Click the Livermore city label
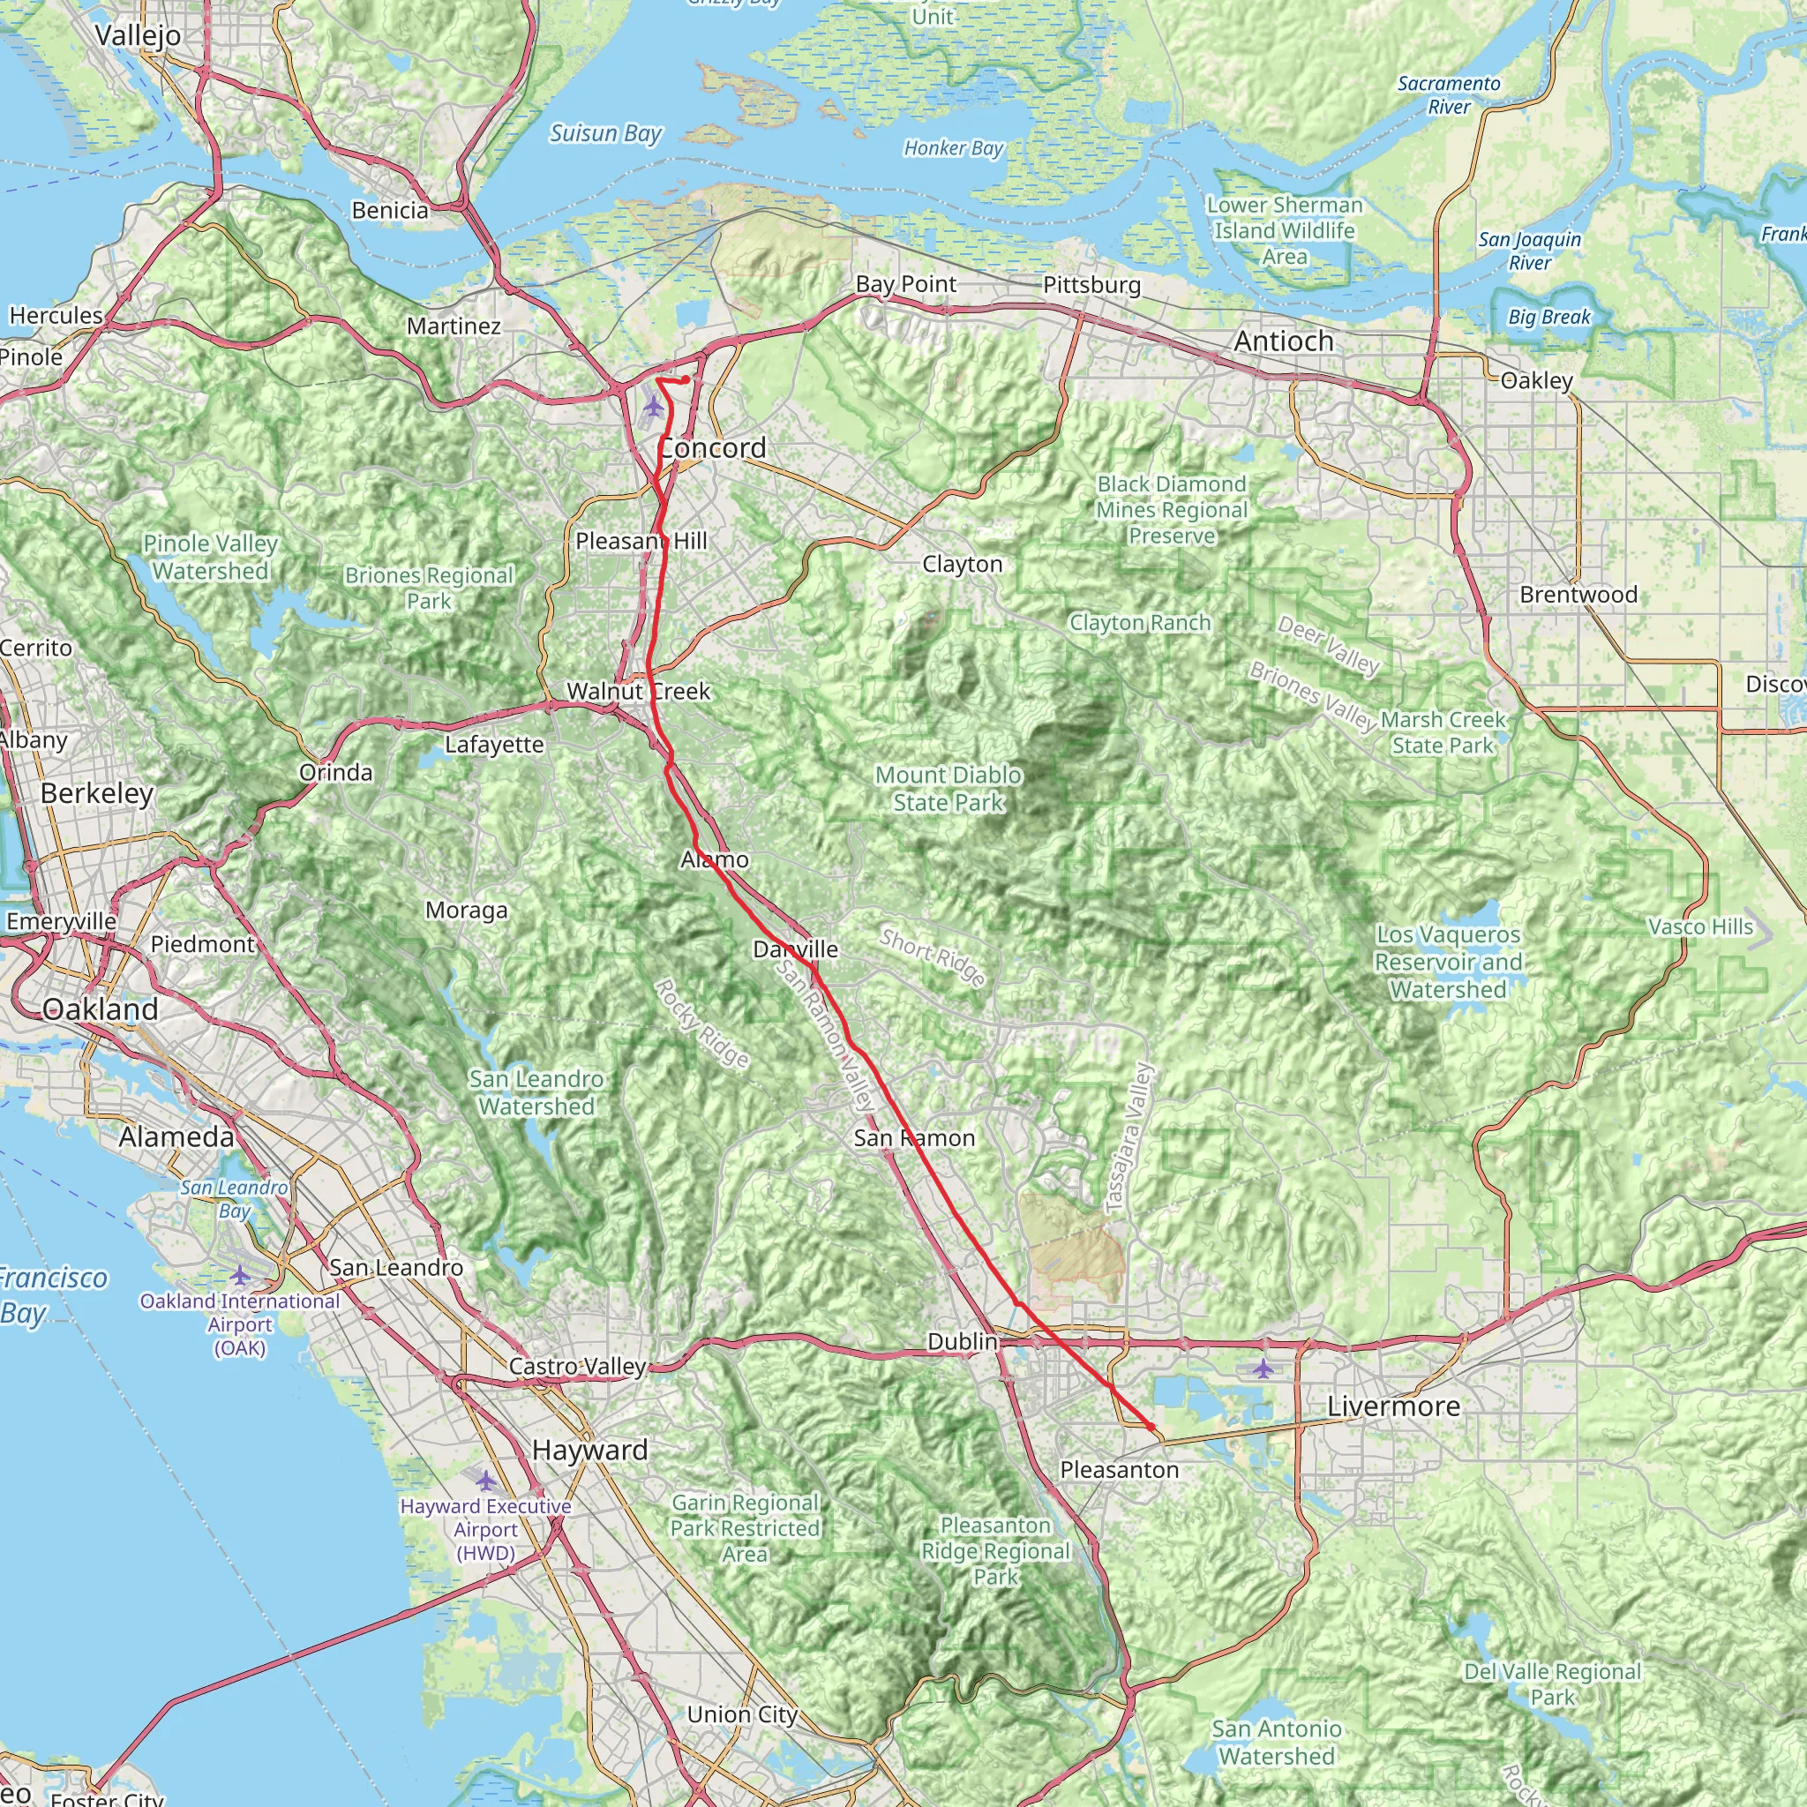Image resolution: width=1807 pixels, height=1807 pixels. point(1392,1406)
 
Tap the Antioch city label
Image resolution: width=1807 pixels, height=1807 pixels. point(1283,341)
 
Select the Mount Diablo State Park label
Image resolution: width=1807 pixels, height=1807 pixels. point(948,789)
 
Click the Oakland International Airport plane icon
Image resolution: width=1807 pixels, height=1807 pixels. point(240,1275)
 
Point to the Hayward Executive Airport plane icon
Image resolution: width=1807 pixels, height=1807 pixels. point(485,1481)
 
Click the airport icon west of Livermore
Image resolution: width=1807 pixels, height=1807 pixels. point(1263,1369)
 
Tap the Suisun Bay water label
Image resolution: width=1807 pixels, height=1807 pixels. point(605,134)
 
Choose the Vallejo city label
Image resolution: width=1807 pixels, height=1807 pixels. point(139,35)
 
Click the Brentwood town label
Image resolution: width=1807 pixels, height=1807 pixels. point(1578,595)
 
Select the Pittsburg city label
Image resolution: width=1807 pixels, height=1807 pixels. point(1091,285)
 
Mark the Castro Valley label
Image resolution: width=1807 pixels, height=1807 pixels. point(577,1367)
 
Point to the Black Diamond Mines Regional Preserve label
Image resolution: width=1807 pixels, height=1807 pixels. point(1171,510)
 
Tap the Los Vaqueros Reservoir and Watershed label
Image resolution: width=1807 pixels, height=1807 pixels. point(1448,962)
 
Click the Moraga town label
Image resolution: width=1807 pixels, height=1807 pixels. point(466,910)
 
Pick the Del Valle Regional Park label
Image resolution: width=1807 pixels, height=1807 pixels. point(1552,1683)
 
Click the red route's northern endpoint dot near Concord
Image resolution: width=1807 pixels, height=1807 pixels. point(686,379)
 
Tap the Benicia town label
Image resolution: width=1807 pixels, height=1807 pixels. point(390,211)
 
